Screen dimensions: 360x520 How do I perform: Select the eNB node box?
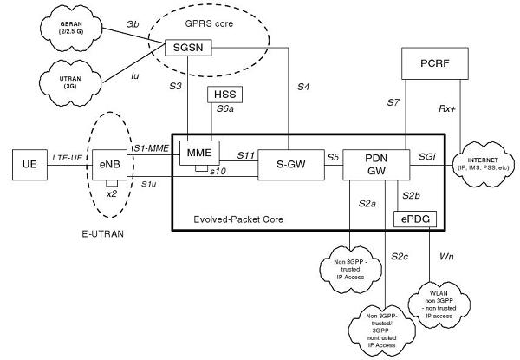pos(109,163)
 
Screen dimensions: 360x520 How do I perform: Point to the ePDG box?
pos(416,219)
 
